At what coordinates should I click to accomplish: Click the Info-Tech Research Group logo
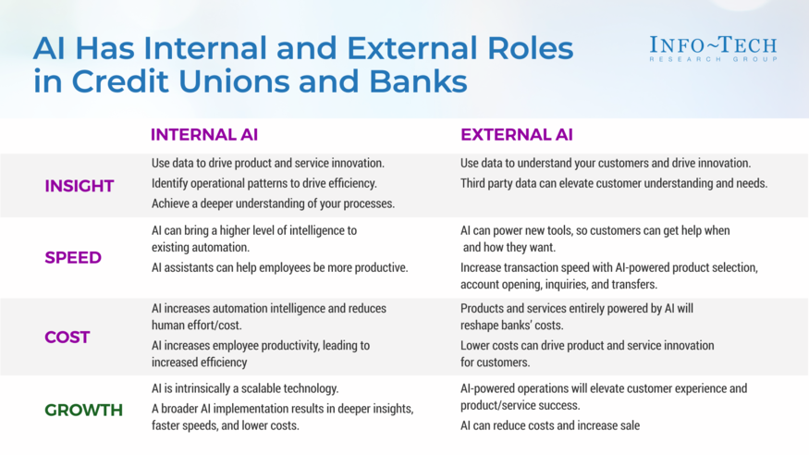tap(713, 49)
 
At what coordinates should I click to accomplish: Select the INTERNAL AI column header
tap(204, 135)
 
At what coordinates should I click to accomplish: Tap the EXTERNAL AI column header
tap(517, 135)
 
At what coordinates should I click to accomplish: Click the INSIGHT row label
tap(80, 186)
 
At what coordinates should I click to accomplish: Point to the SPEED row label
tap(73, 257)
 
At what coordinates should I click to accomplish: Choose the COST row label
tap(67, 337)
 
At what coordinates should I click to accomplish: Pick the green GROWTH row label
tap(83, 410)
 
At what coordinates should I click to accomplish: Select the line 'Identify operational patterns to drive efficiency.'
tap(264, 183)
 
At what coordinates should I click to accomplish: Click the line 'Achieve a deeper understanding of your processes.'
tap(273, 203)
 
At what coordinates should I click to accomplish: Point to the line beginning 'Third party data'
tap(614, 183)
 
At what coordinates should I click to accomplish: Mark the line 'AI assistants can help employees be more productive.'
tap(279, 267)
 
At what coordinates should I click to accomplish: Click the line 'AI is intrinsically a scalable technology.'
tap(245, 387)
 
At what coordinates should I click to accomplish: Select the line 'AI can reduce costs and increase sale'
tap(550, 425)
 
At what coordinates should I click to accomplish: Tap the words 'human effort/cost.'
tap(197, 325)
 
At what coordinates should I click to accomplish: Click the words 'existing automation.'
tap(201, 247)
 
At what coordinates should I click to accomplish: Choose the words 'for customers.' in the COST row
tap(496, 363)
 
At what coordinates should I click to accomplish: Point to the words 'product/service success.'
tap(520, 405)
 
